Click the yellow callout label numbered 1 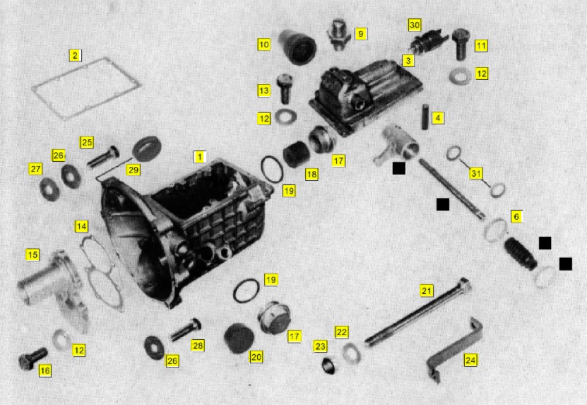(199, 157)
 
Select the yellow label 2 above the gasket (76, 55)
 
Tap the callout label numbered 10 (263, 45)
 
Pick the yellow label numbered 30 (414, 25)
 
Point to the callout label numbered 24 (470, 360)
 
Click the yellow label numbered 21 (427, 290)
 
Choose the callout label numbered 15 (32, 254)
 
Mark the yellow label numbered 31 (476, 173)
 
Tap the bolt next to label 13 (285, 88)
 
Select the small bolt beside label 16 (33, 358)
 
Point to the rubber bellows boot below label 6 (521, 254)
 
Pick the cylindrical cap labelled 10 (297, 47)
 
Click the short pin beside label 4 (425, 117)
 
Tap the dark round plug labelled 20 (239, 339)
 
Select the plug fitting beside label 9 (338, 35)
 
